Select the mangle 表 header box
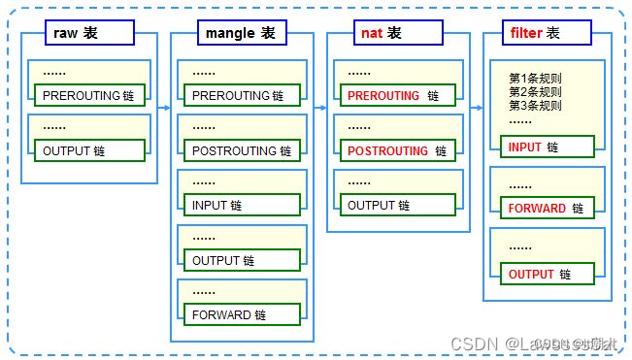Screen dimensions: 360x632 [x=241, y=33]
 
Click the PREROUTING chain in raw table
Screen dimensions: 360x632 [x=89, y=96]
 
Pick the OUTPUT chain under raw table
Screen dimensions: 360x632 [x=89, y=150]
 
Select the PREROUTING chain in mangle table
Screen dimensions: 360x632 [x=241, y=96]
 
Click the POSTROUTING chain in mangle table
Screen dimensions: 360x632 [x=241, y=151]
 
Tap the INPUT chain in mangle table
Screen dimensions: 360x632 [x=241, y=206]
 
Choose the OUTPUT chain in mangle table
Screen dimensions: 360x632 [x=241, y=261]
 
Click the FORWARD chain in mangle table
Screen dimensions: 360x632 [x=241, y=315]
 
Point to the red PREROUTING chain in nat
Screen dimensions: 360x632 [x=394, y=96]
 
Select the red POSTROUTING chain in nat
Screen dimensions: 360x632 [x=394, y=151]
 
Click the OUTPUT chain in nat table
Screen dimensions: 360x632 [x=394, y=206]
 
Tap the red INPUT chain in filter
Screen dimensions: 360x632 [x=546, y=147]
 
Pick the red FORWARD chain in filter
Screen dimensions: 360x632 [x=546, y=209]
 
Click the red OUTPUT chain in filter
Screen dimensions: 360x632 [x=546, y=275]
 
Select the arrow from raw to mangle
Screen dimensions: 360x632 [x=163, y=108]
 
